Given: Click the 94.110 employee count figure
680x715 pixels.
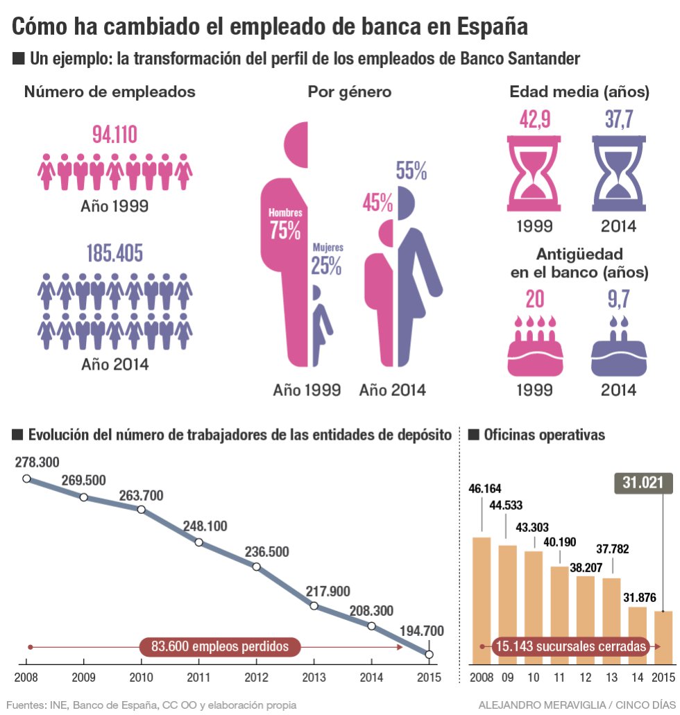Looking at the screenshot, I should click(x=115, y=135).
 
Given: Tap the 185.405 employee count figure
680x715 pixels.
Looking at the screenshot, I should click(x=115, y=253).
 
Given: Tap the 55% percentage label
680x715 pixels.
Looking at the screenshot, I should click(x=411, y=171).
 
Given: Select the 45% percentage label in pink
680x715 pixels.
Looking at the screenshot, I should click(x=377, y=203).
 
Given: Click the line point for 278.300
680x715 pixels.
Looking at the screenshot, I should click(x=26, y=479).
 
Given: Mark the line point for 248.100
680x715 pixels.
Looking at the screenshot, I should click(x=199, y=542).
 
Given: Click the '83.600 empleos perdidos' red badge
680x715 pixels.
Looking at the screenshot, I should click(x=220, y=646).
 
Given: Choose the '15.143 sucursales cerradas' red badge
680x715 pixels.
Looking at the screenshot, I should click(x=570, y=646).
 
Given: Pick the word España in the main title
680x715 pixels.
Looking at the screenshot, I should click(x=483, y=26).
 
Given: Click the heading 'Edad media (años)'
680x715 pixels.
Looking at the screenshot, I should click(x=579, y=92).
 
